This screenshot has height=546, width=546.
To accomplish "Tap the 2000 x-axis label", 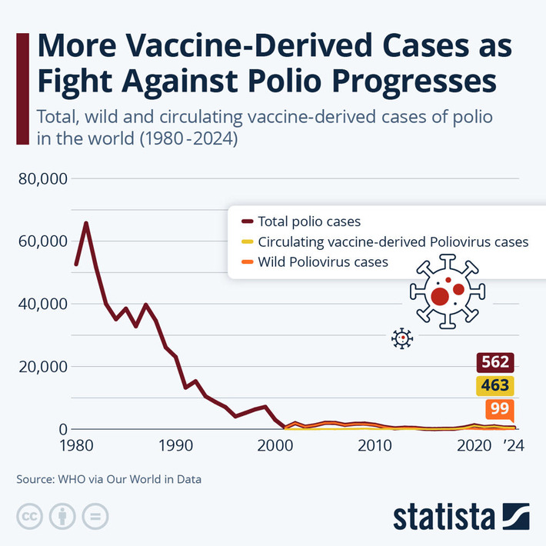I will [275, 447].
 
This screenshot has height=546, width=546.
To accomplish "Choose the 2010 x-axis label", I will [375, 447].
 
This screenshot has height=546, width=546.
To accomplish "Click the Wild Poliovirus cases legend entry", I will [323, 262].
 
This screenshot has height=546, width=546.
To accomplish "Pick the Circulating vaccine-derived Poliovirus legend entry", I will [393, 241].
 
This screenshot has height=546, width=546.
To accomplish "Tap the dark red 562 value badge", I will [493, 362].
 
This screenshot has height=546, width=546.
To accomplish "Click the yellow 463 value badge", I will [493, 385].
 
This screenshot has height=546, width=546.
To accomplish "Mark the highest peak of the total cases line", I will [86, 223].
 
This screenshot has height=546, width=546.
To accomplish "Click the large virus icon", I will [448, 293].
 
